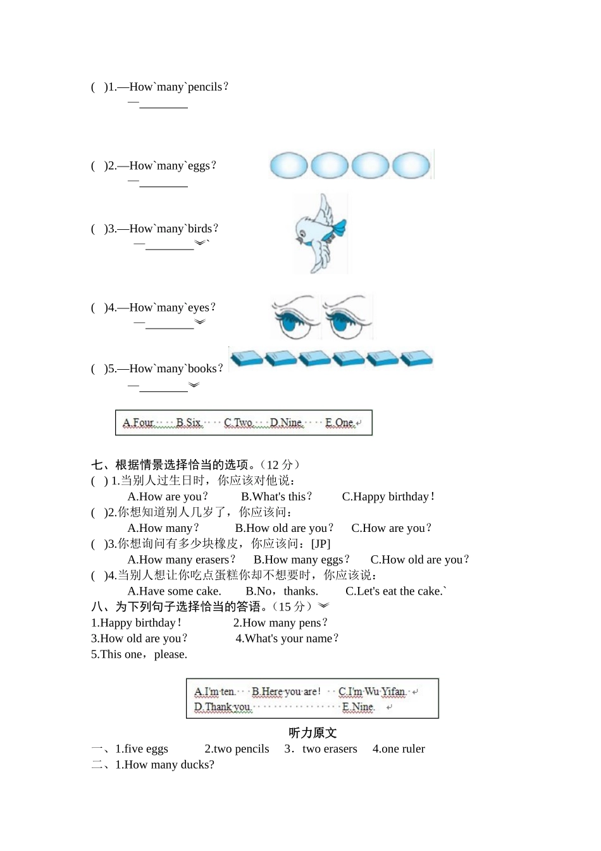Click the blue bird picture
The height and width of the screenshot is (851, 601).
[321, 234]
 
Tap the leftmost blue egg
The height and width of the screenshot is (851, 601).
[288, 166]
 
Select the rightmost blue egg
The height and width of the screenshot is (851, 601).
[411, 166]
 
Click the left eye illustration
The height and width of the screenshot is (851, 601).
[295, 317]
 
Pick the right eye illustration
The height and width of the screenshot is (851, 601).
[347, 317]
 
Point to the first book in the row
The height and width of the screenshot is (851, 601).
[246, 359]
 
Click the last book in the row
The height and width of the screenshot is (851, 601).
[416, 359]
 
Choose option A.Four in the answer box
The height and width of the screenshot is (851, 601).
[138, 423]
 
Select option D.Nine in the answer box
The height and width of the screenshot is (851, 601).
[287, 423]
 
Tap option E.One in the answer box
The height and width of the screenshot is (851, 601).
[340, 423]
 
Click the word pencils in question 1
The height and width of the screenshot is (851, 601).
[205, 87]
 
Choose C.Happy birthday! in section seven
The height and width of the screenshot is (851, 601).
[388, 497]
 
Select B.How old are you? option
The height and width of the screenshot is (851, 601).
[283, 529]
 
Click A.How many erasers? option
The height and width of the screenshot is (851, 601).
[181, 560]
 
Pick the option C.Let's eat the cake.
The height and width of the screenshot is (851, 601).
[395, 591]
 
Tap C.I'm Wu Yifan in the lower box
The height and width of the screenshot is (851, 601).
[372, 692]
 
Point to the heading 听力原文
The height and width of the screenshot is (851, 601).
[313, 733]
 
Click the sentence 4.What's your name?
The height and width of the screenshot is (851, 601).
[287, 639]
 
